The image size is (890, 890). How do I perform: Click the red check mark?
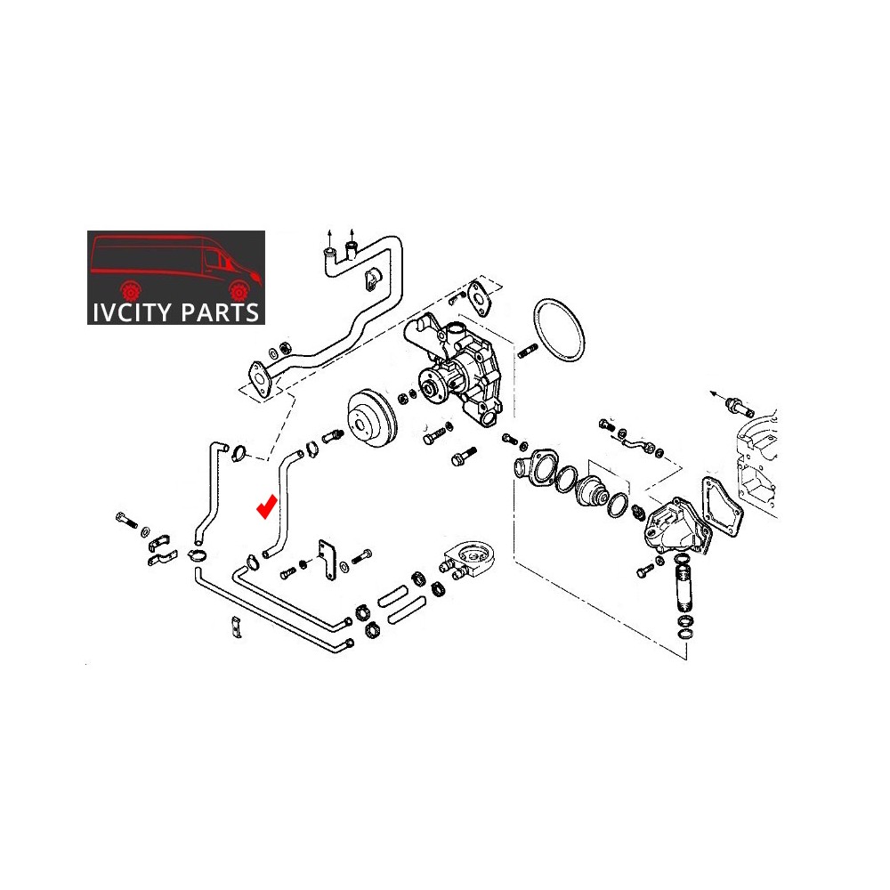click(x=266, y=507)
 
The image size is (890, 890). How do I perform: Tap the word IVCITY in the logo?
click(x=131, y=312)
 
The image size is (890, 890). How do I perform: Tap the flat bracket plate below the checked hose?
click(x=330, y=561)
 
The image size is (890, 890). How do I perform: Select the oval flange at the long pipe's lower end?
click(x=260, y=376)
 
